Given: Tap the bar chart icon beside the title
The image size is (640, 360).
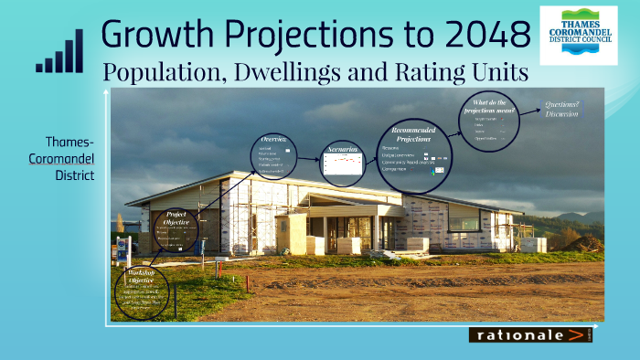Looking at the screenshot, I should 59,53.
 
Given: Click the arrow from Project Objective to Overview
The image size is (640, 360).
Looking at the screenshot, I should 222,196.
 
